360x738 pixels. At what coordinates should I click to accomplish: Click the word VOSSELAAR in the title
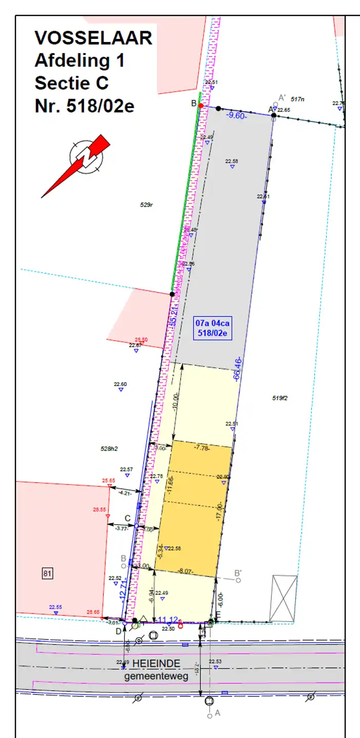click(x=93, y=38)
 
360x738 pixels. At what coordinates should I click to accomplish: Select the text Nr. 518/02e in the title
click(x=84, y=106)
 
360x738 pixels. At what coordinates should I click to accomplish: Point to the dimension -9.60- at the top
click(x=237, y=116)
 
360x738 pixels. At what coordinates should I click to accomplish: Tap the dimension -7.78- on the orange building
click(x=201, y=447)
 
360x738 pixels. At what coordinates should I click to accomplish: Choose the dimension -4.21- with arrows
click(x=125, y=493)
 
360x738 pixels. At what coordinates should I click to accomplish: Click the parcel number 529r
click(x=147, y=205)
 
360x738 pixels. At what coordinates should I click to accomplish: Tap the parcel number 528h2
click(x=109, y=448)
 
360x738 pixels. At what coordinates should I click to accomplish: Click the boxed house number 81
click(x=47, y=573)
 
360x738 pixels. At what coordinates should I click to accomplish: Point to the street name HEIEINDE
click(x=156, y=664)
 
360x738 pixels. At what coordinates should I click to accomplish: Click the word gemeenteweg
click(x=156, y=676)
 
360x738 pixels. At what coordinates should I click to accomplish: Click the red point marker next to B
click(x=201, y=106)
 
